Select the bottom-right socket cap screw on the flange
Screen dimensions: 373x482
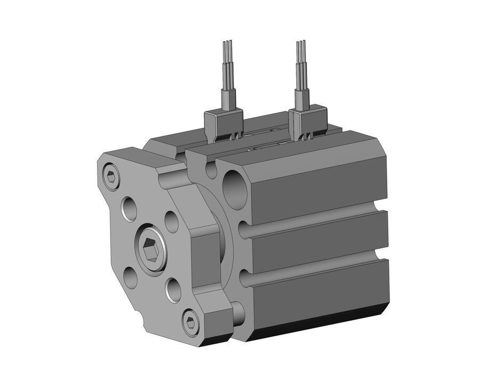pyautogui.click(x=191, y=321)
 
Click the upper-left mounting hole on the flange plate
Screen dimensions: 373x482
pyautogui.click(x=129, y=209)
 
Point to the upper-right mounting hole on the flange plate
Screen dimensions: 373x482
pyautogui.click(x=171, y=222)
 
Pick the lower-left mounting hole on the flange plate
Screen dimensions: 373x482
pyautogui.click(x=130, y=277)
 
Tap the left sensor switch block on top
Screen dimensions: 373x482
pyautogui.click(x=224, y=123)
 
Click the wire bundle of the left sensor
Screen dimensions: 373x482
pyautogui.click(x=227, y=64)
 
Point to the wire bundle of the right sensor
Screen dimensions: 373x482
pyautogui.click(x=302, y=64)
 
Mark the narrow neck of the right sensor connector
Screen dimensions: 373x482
pyautogui.click(x=302, y=98)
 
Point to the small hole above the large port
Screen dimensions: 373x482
pyautogui.click(x=211, y=169)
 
